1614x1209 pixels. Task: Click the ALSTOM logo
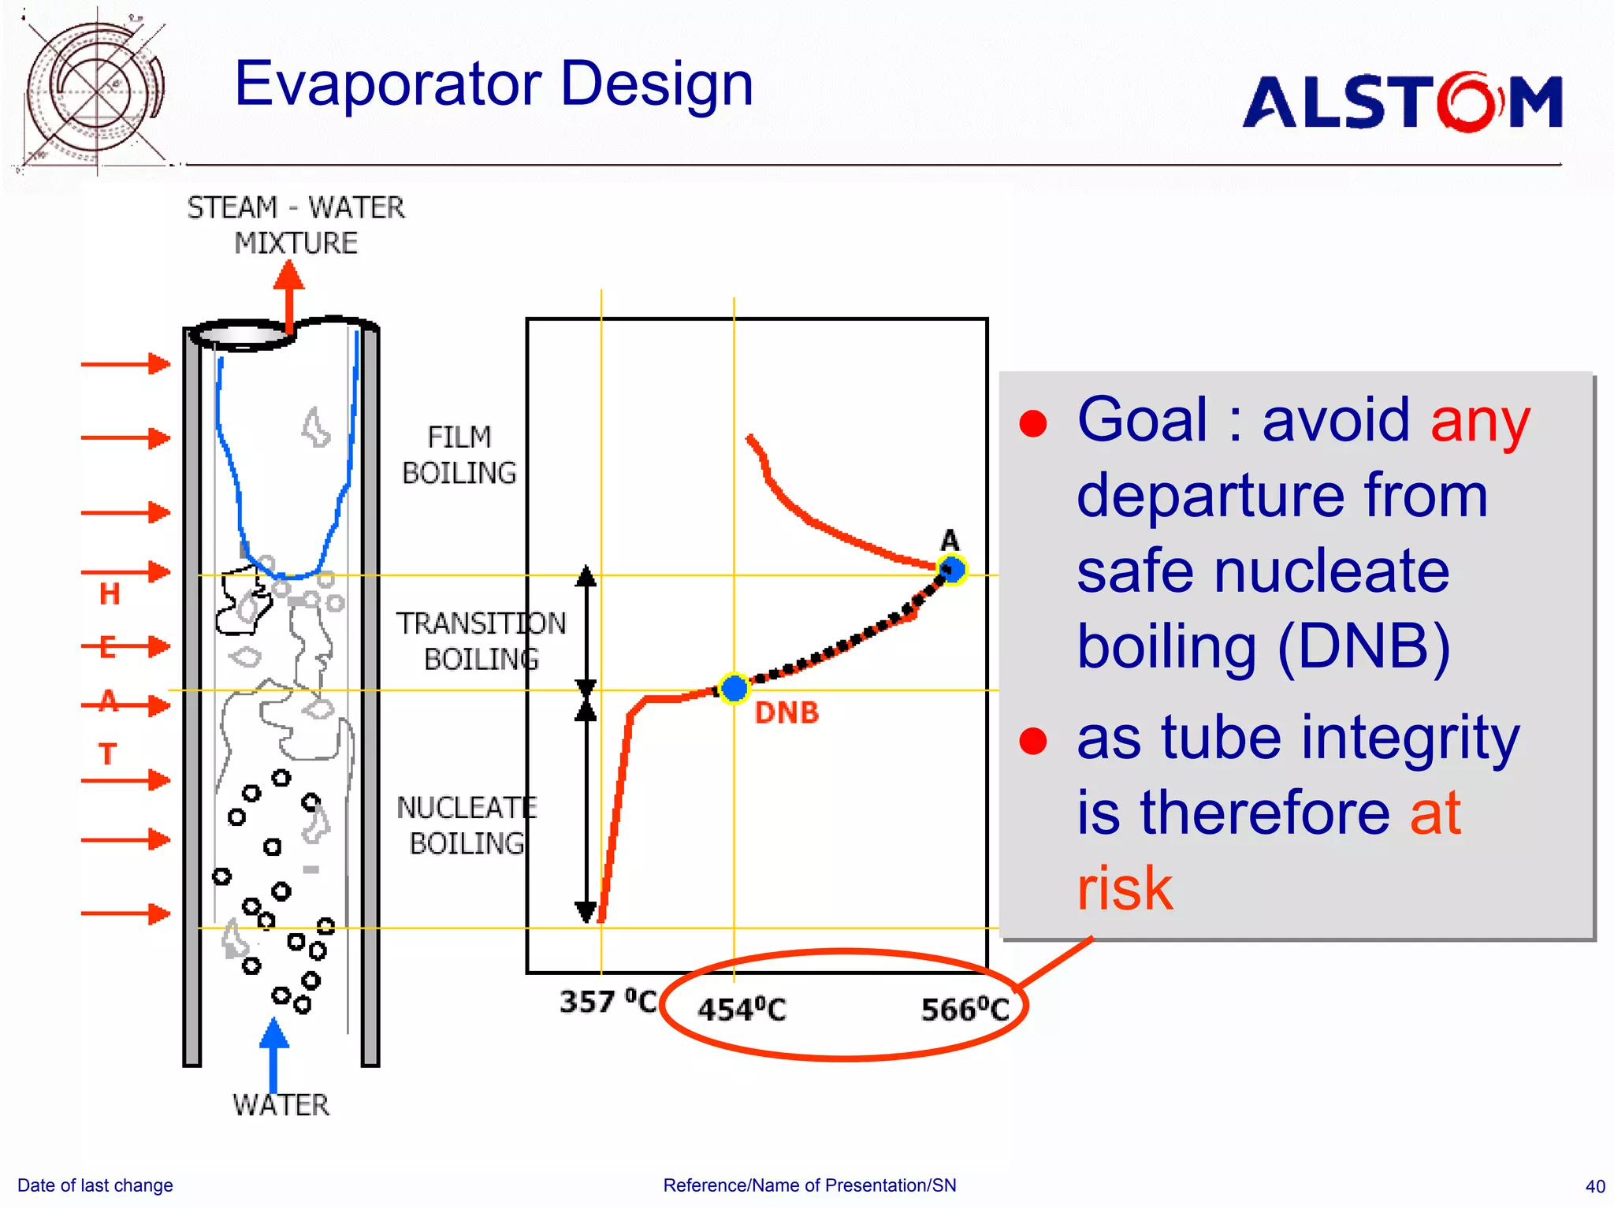pyautogui.click(x=1403, y=102)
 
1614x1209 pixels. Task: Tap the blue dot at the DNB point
pyautogui.click(x=734, y=688)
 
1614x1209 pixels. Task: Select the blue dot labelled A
pyautogui.click(x=952, y=569)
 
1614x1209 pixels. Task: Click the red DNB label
pyautogui.click(x=787, y=713)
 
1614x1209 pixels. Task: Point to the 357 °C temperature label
pyautogui.click(x=608, y=1002)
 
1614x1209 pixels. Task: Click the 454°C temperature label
pyautogui.click(x=742, y=1010)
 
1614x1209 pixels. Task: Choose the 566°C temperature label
pyautogui.click(x=965, y=1010)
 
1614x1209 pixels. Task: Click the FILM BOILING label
pyautogui.click(x=459, y=456)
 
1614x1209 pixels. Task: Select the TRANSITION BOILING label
pyautogui.click(x=481, y=641)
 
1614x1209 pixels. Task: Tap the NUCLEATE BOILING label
pyautogui.click(x=467, y=825)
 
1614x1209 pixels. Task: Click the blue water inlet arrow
pyautogui.click(x=273, y=1052)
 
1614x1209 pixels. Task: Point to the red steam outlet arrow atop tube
pyautogui.click(x=289, y=296)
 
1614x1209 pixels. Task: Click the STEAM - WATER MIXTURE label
pyautogui.click(x=296, y=225)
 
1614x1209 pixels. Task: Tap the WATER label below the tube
pyautogui.click(x=281, y=1105)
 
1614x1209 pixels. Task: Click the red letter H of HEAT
pyautogui.click(x=110, y=593)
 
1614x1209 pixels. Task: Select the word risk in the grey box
pyautogui.click(x=1125, y=888)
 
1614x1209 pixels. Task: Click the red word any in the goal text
pyautogui.click(x=1479, y=421)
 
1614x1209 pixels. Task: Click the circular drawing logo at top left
pyautogui.click(x=95, y=91)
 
